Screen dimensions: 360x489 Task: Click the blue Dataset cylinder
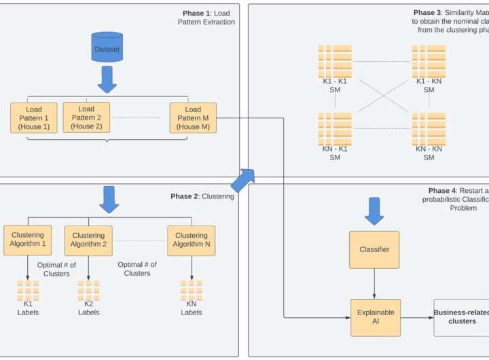pyautogui.click(x=107, y=48)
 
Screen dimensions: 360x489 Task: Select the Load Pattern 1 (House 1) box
pyautogui.click(x=34, y=118)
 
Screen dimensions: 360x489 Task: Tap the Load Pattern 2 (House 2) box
pyautogui.click(x=86, y=118)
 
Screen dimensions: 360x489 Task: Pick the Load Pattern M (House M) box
pyautogui.click(x=193, y=118)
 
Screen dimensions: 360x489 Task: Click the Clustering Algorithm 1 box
pyautogui.click(x=27, y=240)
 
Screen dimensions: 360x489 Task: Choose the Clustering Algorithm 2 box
pyautogui.click(x=88, y=240)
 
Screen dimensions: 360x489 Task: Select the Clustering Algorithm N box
pyautogui.click(x=191, y=240)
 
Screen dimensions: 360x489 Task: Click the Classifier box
pyautogui.click(x=374, y=249)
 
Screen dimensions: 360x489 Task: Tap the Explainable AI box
pyautogui.click(x=376, y=317)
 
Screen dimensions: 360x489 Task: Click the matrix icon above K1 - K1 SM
pyautogui.click(x=335, y=61)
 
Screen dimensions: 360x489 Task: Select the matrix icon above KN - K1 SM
pyautogui.click(x=335, y=129)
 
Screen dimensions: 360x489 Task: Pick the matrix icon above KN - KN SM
pyautogui.click(x=429, y=129)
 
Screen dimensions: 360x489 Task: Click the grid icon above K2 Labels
pyautogui.click(x=88, y=291)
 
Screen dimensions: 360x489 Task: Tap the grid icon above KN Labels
pyautogui.click(x=191, y=291)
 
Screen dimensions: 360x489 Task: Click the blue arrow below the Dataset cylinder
pyautogui.click(x=107, y=79)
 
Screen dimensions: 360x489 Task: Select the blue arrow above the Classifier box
pyautogui.click(x=374, y=211)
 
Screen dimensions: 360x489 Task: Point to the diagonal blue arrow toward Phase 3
pyautogui.click(x=242, y=180)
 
